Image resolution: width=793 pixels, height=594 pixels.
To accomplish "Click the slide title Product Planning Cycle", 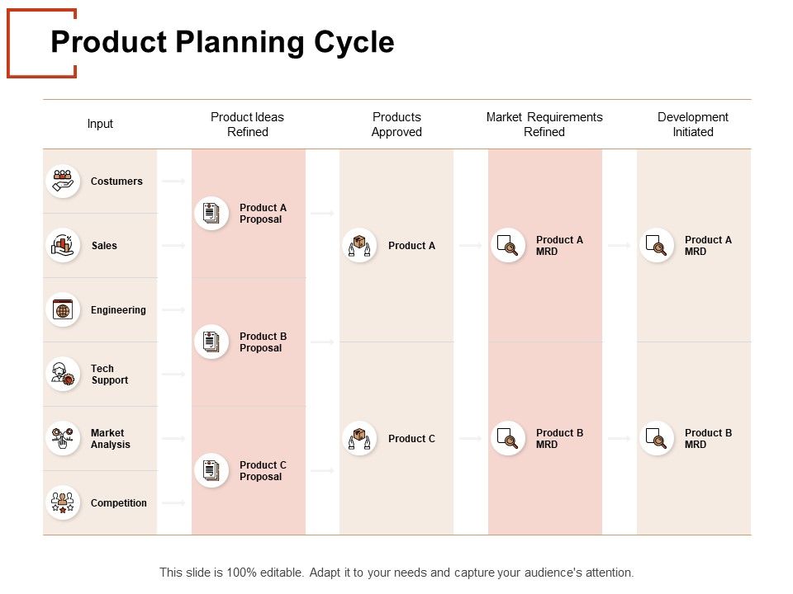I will [222, 42].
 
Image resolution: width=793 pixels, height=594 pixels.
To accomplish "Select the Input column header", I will [100, 124].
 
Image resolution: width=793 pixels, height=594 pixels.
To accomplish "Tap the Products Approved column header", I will [396, 125].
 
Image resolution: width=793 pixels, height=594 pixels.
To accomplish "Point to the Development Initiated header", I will [692, 125].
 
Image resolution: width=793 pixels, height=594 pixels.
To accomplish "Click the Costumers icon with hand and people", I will [63, 181].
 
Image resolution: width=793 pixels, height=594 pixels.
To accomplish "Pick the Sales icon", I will [63, 245].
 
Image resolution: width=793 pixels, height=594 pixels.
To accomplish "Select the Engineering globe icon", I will [63, 309].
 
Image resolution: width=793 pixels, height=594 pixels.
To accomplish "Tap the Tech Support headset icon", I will [63, 374].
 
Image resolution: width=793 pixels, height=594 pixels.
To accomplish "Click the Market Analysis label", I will [111, 439].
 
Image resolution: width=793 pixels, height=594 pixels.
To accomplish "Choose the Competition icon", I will [63, 502].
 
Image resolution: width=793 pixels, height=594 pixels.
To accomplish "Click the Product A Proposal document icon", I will [211, 213].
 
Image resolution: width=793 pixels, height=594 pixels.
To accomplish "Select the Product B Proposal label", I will [263, 342].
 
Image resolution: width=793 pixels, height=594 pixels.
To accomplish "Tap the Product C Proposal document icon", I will [211, 470].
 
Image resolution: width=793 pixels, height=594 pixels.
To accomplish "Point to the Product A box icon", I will [359, 245].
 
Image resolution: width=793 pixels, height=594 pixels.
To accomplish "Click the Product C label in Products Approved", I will [411, 439].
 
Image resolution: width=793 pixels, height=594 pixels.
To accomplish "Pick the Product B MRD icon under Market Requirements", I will [508, 439].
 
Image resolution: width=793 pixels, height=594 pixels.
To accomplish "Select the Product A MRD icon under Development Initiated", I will [657, 245].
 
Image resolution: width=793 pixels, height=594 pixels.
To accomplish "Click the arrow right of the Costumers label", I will [173, 181].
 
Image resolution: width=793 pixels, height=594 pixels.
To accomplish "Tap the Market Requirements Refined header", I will [544, 125].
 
